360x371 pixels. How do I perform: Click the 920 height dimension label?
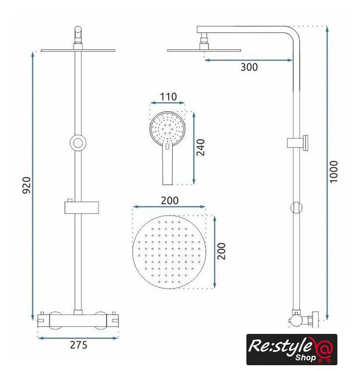27,185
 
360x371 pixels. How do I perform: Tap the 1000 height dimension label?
334,172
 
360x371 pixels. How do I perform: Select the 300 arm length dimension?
249,67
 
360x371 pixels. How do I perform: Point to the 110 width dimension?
168,97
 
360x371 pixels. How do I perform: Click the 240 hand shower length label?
201,147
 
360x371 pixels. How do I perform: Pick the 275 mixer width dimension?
79,345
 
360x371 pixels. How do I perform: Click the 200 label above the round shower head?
169,201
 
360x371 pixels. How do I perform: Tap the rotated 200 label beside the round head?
221,251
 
